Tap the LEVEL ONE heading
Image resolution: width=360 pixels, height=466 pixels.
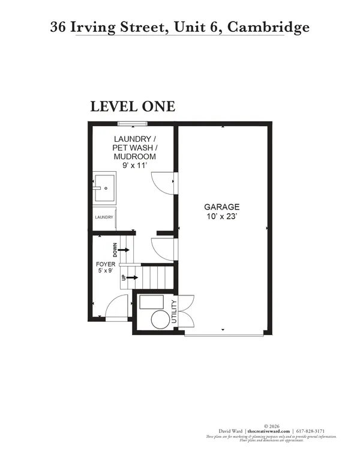click(133, 106)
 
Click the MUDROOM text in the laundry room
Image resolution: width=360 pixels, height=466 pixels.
click(135, 156)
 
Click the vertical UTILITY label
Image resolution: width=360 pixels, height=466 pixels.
click(175, 312)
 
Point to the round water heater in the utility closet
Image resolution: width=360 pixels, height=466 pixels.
click(160, 319)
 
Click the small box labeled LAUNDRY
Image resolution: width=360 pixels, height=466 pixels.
click(103, 217)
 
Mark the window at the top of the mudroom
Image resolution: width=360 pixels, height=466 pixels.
click(133, 124)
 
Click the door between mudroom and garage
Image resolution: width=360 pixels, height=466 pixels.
click(163, 181)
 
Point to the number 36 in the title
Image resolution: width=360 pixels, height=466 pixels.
click(59, 27)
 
